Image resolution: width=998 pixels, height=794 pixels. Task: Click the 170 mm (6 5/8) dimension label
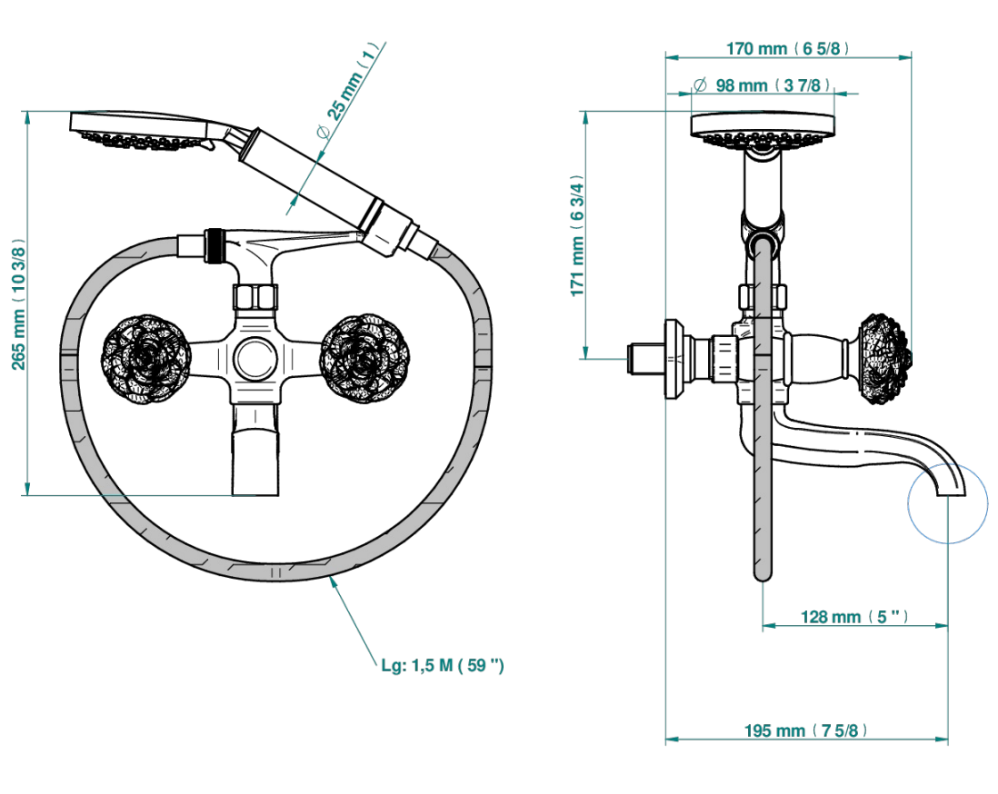click(x=787, y=48)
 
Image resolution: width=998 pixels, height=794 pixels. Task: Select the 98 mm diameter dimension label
click(x=763, y=85)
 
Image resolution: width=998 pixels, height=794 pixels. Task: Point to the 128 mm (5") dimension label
click(x=854, y=617)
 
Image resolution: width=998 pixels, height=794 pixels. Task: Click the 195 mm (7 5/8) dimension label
click(x=805, y=730)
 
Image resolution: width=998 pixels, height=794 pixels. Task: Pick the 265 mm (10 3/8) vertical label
click(x=19, y=304)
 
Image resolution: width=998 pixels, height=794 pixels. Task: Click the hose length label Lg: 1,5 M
click(x=443, y=666)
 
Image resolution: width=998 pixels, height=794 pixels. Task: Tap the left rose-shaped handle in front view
click(x=145, y=359)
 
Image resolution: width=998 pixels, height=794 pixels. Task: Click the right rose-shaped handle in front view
click(x=364, y=358)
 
